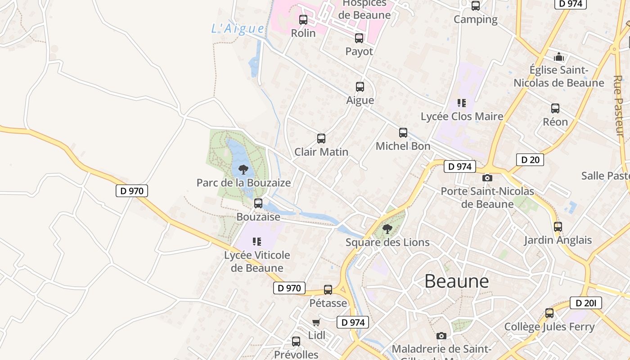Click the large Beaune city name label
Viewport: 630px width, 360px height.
coord(456,281)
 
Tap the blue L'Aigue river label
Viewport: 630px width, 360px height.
coord(238,28)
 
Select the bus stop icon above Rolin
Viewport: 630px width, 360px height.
coord(303,20)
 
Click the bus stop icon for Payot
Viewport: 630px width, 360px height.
coord(359,38)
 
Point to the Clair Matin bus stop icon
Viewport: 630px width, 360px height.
coord(321,139)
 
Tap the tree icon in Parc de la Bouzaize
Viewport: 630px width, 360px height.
coord(243,170)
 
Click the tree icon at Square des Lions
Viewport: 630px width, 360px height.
coord(387,229)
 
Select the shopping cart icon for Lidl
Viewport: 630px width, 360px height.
coord(316,322)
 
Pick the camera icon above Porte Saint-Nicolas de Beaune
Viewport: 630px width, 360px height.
coord(487,178)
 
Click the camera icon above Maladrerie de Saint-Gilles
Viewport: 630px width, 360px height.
coord(441,336)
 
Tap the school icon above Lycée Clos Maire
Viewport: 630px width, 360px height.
coord(461,103)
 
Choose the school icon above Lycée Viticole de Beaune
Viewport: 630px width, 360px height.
coord(257,242)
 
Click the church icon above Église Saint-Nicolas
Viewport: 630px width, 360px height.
coord(559,57)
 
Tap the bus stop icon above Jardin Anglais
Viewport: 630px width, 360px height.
coord(558,227)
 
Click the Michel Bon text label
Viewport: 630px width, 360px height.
coord(403,146)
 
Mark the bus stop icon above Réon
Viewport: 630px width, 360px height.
coord(555,108)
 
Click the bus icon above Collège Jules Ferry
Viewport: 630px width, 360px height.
coord(549,313)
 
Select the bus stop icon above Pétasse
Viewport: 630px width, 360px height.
coord(328,290)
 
